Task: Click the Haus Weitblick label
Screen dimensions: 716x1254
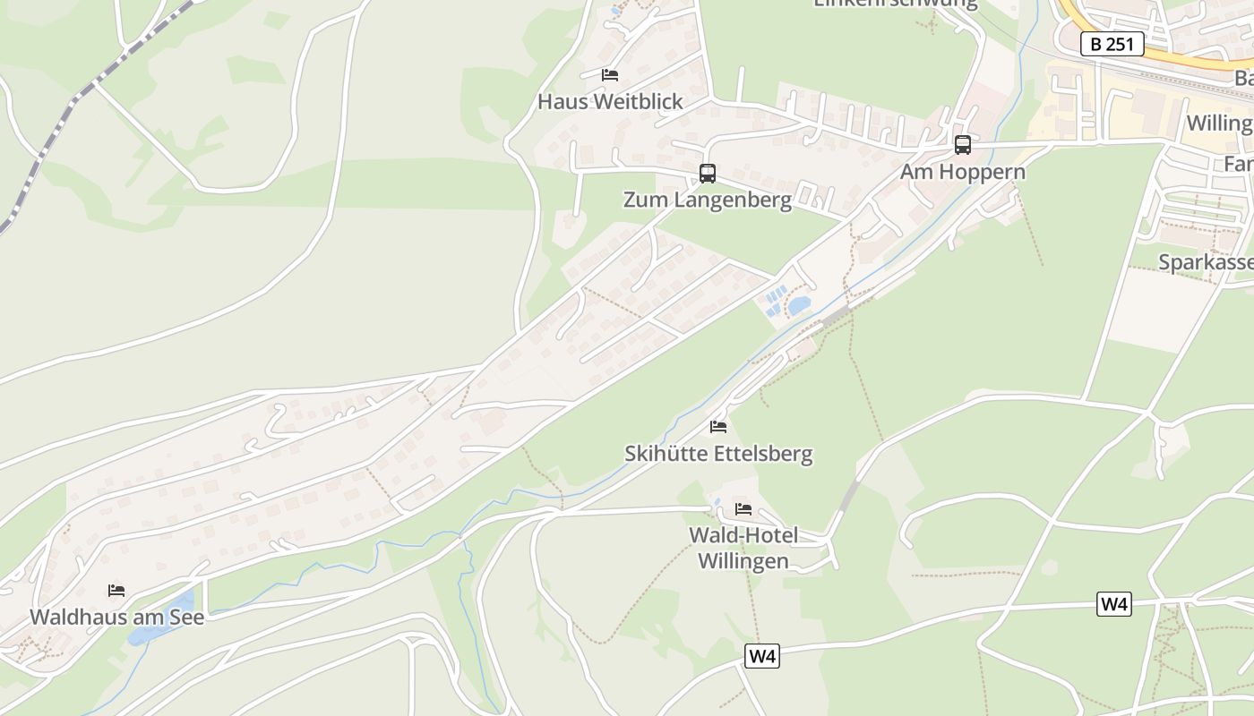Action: point(610,102)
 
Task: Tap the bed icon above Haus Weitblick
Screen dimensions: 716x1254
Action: point(610,75)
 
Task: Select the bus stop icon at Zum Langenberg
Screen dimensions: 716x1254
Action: point(708,174)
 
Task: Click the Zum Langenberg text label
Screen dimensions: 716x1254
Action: point(708,200)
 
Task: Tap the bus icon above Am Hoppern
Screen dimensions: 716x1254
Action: point(963,145)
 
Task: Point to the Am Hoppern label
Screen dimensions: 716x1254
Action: point(963,172)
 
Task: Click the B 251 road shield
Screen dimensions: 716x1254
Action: point(1112,44)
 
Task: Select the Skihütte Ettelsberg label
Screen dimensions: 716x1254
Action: point(718,454)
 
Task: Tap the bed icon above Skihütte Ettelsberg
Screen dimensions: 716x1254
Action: point(718,427)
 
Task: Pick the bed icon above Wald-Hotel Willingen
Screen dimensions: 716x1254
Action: point(743,510)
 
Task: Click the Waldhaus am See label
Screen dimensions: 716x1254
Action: point(116,618)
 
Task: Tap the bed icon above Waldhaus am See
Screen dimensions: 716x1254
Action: point(116,591)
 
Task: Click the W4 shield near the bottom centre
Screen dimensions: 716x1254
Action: point(761,657)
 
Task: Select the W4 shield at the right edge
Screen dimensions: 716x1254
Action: point(1113,604)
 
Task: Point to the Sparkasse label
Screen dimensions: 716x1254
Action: point(1205,263)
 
